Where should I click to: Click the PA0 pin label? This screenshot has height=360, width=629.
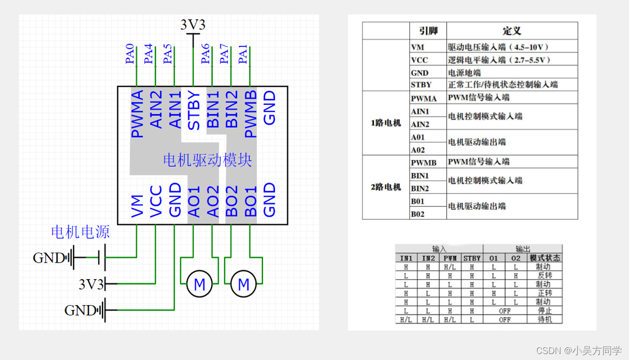(130, 54)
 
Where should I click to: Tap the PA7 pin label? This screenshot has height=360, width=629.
(225, 54)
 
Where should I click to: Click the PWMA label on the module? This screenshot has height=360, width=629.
(137, 114)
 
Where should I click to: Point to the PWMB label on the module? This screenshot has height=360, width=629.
(251, 114)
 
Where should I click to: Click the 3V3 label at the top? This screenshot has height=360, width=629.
(193, 25)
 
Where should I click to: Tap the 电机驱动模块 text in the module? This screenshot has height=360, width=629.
(207, 160)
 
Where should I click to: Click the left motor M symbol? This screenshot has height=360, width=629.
(200, 285)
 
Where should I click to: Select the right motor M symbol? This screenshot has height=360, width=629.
(244, 285)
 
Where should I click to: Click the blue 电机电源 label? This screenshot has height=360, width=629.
(80, 232)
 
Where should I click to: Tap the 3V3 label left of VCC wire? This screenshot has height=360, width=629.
(91, 285)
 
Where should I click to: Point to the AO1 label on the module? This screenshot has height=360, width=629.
(194, 202)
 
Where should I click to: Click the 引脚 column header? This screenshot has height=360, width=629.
(428, 31)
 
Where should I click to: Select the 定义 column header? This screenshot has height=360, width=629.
(512, 31)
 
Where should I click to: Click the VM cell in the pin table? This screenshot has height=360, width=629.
(417, 47)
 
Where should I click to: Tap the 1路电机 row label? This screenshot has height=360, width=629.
(386, 123)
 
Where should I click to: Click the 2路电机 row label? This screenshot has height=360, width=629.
(386, 187)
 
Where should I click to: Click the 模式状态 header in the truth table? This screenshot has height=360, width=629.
(545, 258)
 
